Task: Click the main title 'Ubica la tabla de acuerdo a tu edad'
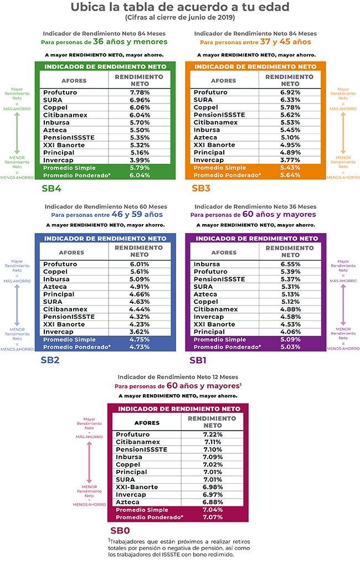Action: [179, 7]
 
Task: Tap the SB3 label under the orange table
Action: [201, 188]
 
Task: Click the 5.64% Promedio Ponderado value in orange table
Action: [290, 175]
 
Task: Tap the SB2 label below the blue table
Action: [51, 360]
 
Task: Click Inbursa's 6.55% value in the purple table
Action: [290, 264]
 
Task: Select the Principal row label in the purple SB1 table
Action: [209, 332]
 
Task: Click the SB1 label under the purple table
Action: [200, 360]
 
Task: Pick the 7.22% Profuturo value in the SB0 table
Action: [212, 434]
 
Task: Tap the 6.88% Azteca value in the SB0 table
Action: [212, 502]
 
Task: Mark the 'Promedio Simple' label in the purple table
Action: [219, 339]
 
